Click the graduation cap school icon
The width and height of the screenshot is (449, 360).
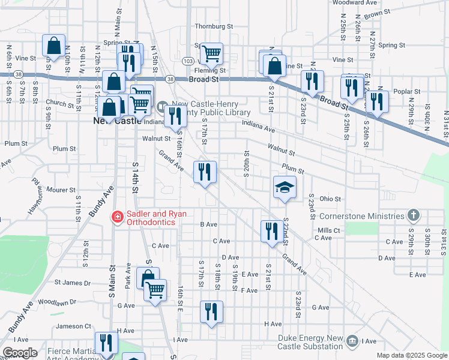coord(285,187)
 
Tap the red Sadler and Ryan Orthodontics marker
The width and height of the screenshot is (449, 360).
coord(118,217)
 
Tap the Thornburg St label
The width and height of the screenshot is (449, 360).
coord(214,26)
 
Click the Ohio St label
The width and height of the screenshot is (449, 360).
coord(330,199)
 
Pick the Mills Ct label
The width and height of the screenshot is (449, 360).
coord(328,230)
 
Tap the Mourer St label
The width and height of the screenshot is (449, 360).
coord(61,190)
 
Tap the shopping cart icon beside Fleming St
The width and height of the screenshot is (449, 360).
coord(211,53)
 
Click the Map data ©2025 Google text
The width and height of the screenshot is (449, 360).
coord(411,355)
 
